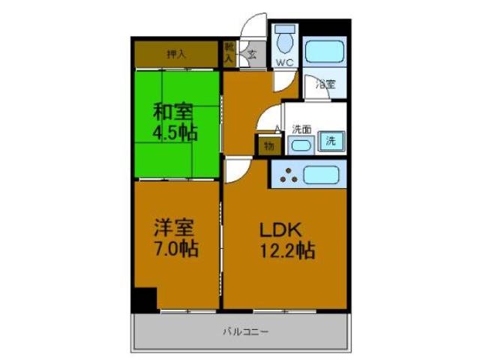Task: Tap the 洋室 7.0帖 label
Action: click(x=176, y=238)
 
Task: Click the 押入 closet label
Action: click(x=176, y=54)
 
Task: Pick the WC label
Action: click(x=284, y=62)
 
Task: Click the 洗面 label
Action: click(x=302, y=128)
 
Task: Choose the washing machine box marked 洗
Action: click(x=331, y=139)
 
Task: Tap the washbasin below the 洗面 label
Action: click(x=301, y=143)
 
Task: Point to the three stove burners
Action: click(x=288, y=175)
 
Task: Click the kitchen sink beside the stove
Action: click(x=321, y=175)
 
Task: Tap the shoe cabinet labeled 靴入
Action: click(x=229, y=54)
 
